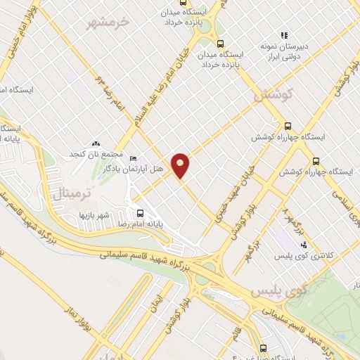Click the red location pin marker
(x=181, y=165)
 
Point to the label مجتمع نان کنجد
(x=96, y=153)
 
